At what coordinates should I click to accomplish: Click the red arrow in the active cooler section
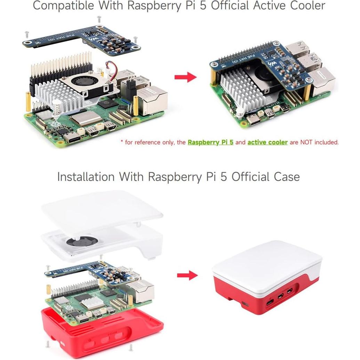[185, 77]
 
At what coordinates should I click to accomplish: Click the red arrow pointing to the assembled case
[187, 276]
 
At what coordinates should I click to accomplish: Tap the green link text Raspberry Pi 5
[210, 142]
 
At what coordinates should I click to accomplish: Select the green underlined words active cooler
[267, 142]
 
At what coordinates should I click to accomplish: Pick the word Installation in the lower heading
[86, 177]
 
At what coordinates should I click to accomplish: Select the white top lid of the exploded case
[101, 209]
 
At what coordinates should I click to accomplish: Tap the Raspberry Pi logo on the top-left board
[53, 124]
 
